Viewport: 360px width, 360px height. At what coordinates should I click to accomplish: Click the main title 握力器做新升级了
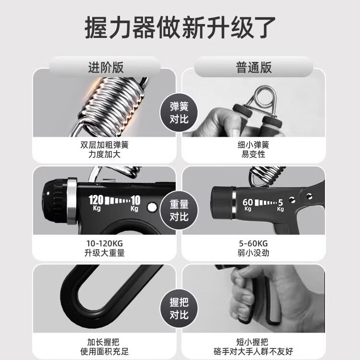(x=180, y=27)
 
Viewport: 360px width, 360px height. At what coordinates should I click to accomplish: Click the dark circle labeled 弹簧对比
(x=179, y=113)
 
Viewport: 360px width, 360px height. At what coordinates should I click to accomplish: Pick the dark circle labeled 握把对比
(x=179, y=308)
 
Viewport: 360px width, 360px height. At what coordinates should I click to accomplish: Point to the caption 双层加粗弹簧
(x=105, y=144)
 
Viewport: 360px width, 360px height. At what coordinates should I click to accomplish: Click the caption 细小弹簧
(x=254, y=144)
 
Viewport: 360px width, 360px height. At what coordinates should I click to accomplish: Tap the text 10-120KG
(x=105, y=243)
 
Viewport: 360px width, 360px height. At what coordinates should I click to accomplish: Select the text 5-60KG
(x=254, y=243)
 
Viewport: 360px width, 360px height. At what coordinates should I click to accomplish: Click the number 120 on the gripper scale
(x=96, y=200)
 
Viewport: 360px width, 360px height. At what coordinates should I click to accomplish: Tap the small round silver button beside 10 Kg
(x=152, y=207)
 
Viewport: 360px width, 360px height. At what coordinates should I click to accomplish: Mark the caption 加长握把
(x=105, y=342)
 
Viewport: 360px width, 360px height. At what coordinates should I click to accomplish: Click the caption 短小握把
(x=254, y=342)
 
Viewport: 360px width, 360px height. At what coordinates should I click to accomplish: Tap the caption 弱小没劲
(x=254, y=253)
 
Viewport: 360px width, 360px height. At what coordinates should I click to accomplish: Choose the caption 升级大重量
(x=105, y=253)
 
